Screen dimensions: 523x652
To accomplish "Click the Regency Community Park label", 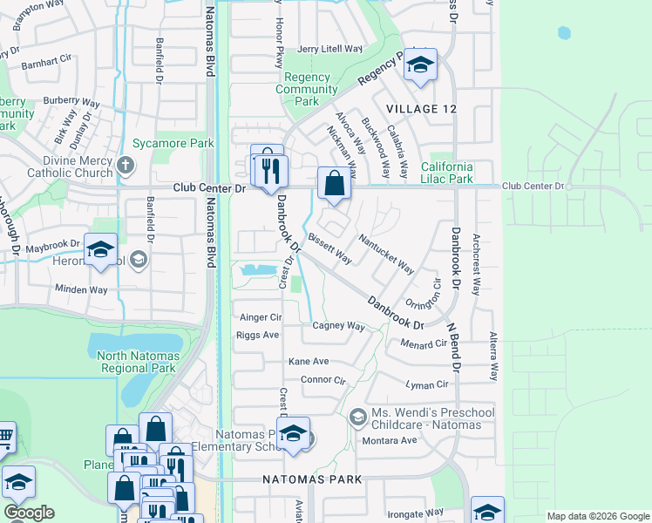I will pos(307,89).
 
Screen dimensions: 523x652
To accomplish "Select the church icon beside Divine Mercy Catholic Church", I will pos(126,165).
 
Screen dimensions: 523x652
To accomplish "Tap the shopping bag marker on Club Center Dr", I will pos(334,184).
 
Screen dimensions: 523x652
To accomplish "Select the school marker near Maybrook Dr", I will pos(100,251).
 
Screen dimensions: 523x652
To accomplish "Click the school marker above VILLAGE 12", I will pos(420,65).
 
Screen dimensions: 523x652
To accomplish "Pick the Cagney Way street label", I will pos(338,326).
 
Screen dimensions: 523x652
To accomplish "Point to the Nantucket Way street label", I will pos(386,254).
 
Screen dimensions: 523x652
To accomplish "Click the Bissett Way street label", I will pos(329,248).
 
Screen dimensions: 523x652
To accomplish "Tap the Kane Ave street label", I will pos(309,361).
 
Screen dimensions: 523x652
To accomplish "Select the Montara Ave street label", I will pos(397,440).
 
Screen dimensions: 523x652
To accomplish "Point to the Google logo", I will pos(29,513).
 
